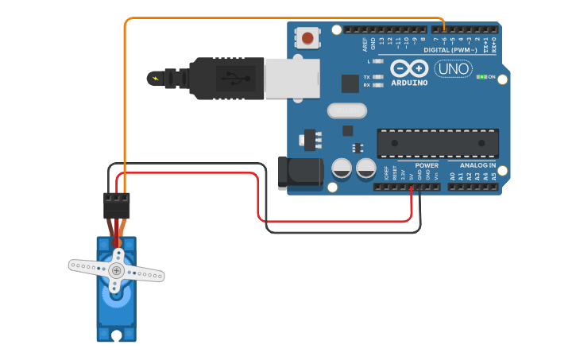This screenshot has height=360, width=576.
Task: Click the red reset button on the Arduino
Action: [x=307, y=37]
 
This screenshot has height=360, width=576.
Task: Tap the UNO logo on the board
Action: [x=453, y=69]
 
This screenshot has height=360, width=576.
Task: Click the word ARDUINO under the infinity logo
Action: [x=409, y=83]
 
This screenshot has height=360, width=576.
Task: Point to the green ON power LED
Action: [x=482, y=77]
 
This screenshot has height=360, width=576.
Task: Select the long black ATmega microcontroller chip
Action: [x=438, y=142]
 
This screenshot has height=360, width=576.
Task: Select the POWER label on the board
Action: [x=427, y=165]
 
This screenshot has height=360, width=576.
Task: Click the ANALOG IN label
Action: [x=477, y=165]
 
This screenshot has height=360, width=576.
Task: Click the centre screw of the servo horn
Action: [x=117, y=270]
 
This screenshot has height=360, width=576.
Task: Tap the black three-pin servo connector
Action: [x=116, y=206]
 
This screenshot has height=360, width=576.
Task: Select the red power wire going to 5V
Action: [x=334, y=221]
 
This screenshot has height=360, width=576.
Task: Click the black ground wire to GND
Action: [x=342, y=232]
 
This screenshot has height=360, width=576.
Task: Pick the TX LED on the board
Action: [x=378, y=77]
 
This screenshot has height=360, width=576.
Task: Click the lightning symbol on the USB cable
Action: [x=154, y=78]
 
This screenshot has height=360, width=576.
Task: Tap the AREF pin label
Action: [x=365, y=42]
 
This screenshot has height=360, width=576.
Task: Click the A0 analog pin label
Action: [x=452, y=176]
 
